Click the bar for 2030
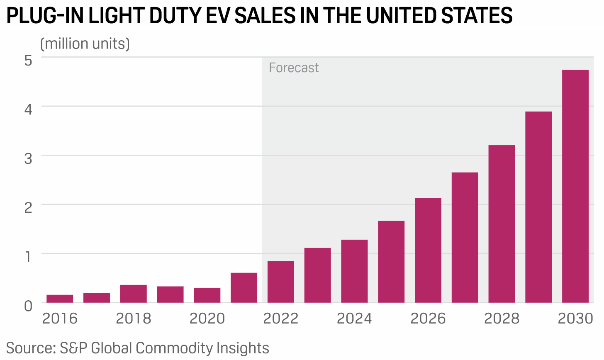coord(575,186)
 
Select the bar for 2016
coord(60,299)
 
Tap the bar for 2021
coord(244,287)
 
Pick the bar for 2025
coord(391,262)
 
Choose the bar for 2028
coord(502,224)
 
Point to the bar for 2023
coord(317,275)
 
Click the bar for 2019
coord(170,294)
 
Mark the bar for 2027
coord(465,237)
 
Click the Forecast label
coord(294,68)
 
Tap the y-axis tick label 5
coord(28,61)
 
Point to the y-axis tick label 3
coord(28,158)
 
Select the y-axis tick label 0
coord(28,306)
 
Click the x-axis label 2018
coord(134,319)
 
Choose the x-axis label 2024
coord(354,319)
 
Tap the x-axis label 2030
coord(575,319)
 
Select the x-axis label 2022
coord(281,319)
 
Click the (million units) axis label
coord(85,44)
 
